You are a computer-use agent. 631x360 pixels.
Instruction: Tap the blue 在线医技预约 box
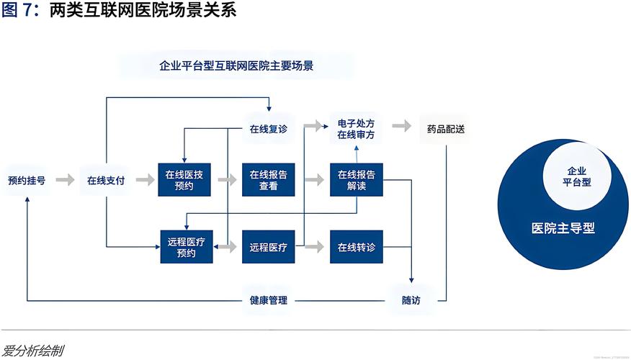(184, 180)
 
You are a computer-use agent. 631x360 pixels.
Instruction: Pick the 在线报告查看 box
(269, 180)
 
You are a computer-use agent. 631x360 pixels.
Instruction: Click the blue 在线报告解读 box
(357, 180)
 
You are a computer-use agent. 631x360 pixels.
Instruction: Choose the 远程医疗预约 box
(186, 247)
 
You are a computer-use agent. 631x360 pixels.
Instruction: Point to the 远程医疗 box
(269, 247)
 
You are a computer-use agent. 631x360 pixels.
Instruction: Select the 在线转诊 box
(357, 247)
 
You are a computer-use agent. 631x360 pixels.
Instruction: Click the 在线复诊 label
(269, 130)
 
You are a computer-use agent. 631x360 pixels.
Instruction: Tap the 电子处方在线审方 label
(356, 129)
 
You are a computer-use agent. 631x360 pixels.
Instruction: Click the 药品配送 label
(445, 130)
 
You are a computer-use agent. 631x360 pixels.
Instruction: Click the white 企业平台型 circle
(576, 176)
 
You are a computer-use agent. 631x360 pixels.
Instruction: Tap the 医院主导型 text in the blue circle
(563, 228)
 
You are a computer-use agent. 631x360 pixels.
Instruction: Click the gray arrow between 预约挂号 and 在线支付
(66, 180)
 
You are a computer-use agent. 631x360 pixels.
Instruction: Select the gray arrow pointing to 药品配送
(403, 127)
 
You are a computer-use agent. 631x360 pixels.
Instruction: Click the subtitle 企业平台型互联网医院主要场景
(236, 66)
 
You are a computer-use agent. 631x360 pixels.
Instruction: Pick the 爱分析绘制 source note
(32, 351)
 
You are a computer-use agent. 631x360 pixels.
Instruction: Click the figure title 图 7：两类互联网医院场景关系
(118, 12)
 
